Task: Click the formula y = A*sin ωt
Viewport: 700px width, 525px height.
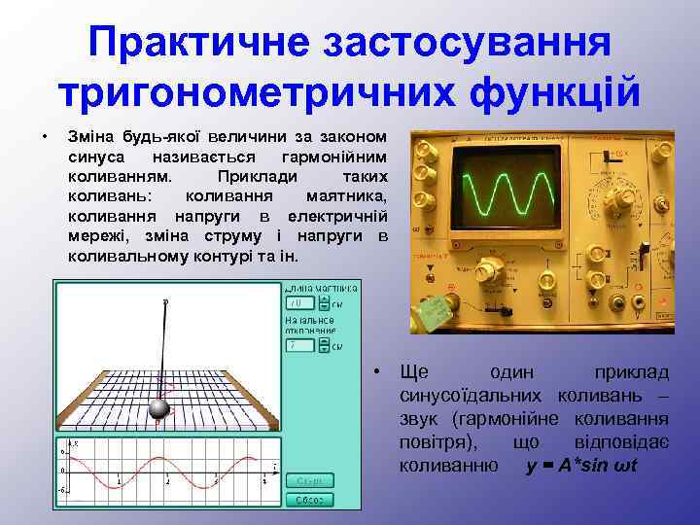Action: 580,465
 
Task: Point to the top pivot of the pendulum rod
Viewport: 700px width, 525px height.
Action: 165,302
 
